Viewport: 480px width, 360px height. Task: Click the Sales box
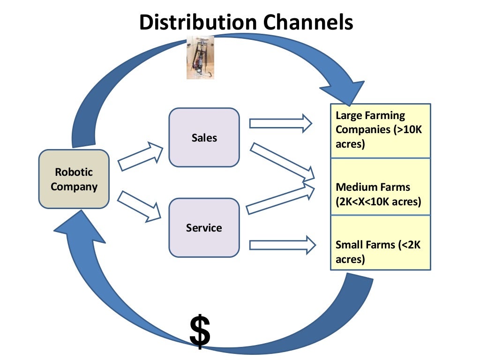tap(204, 137)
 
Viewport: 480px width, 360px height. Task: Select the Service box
tap(204, 228)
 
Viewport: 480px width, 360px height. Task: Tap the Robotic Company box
tap(74, 179)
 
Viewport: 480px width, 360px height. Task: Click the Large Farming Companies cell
tap(380, 130)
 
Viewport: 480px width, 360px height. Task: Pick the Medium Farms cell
tap(380, 187)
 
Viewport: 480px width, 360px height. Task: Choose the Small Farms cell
tap(380, 243)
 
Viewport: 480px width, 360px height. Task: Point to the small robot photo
tap(200, 57)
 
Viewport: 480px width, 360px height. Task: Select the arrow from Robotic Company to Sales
tap(140, 156)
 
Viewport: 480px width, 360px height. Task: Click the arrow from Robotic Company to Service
tap(139, 206)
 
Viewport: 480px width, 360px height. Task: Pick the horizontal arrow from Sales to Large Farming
tap(280, 123)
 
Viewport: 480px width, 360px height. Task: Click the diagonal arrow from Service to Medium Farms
tap(280, 199)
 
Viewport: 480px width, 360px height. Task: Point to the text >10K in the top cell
tap(408, 130)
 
